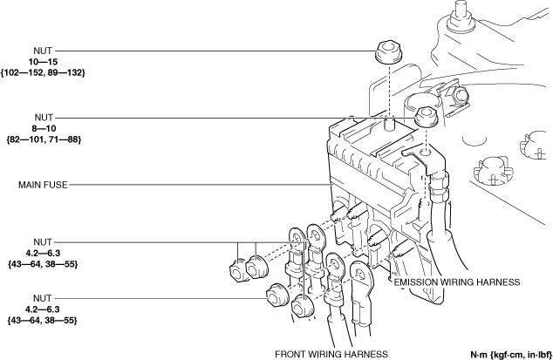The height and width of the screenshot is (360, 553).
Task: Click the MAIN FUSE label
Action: point(42,185)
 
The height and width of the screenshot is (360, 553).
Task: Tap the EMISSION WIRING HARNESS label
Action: point(456,283)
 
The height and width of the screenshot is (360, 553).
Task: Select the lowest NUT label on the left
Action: point(42,298)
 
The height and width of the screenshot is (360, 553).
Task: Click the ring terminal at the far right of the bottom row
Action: point(360,276)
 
